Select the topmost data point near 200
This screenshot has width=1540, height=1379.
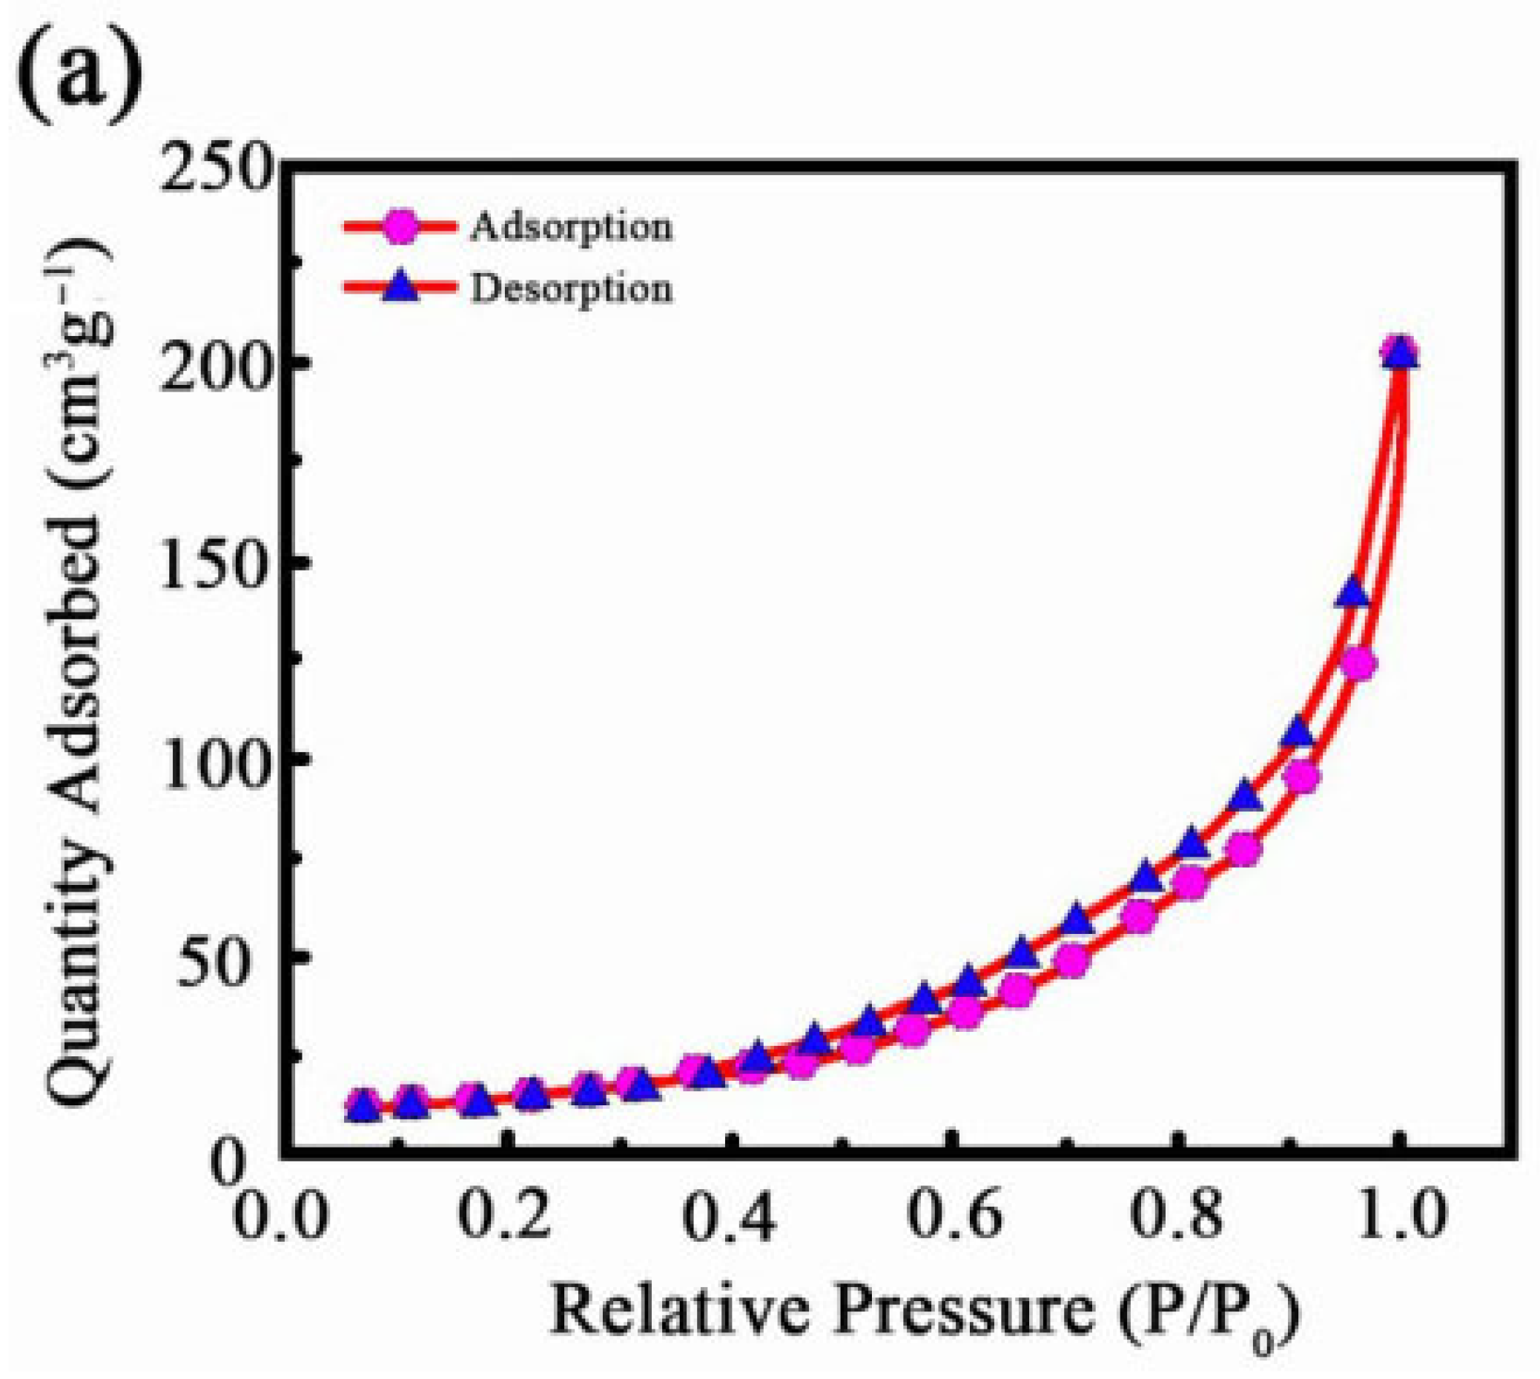pyautogui.click(x=1400, y=353)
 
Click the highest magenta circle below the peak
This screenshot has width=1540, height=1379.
pyautogui.click(x=1358, y=665)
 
